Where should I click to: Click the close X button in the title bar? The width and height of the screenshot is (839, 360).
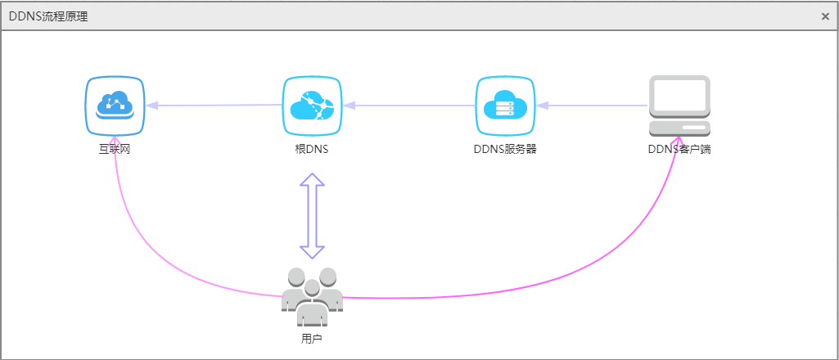825,16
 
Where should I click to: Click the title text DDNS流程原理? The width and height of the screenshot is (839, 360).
48,16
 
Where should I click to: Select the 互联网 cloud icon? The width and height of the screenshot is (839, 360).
115,106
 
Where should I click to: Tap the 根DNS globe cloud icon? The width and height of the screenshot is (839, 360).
312,106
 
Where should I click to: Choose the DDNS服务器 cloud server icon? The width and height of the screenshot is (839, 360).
505,106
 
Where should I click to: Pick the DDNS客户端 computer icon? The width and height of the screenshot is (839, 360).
679,106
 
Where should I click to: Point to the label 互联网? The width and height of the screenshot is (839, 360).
115,150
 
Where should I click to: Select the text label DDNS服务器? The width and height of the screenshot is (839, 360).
505,150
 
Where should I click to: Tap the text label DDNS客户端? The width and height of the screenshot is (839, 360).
679,150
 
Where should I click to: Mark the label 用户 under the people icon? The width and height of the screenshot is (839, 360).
311,337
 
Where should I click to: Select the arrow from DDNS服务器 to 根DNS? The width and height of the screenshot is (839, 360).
409,106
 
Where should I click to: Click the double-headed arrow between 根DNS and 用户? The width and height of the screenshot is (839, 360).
312,216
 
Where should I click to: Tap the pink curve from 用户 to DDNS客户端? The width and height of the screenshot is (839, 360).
573,271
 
